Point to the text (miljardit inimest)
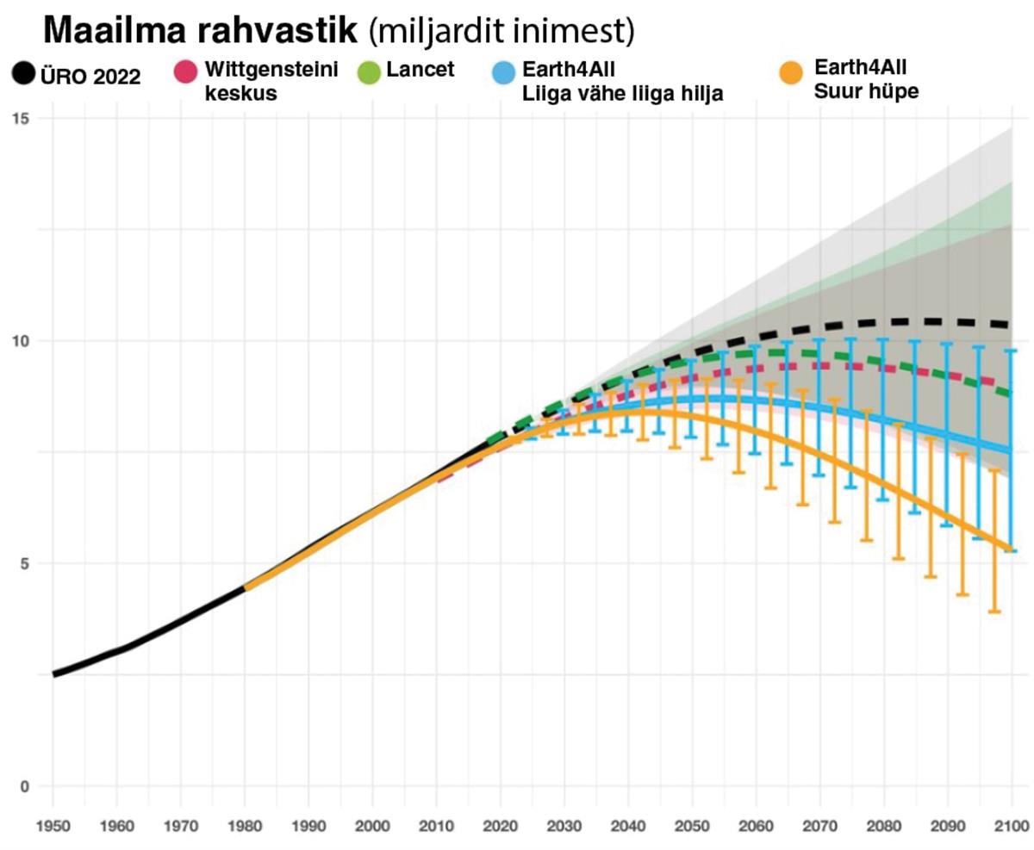(501, 33)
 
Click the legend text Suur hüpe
(866, 90)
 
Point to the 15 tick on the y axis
(21, 118)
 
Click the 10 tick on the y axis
(21, 341)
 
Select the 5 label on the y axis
(24, 564)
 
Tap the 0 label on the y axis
(24, 786)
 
